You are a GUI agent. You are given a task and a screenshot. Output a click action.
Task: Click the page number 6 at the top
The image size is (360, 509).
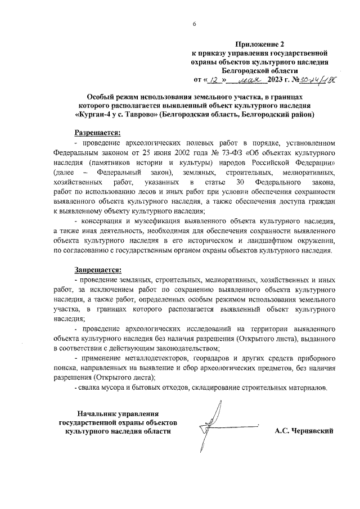[x=194, y=24]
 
